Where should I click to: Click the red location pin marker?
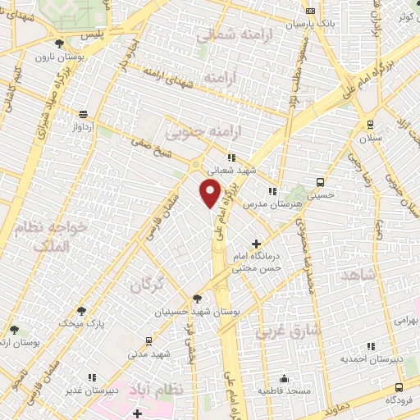211,194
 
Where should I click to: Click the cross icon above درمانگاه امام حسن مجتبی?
257,244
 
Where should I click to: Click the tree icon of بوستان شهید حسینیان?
196,299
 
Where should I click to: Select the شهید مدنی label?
148,354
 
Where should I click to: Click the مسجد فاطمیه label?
284,391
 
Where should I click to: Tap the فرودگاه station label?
400,399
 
